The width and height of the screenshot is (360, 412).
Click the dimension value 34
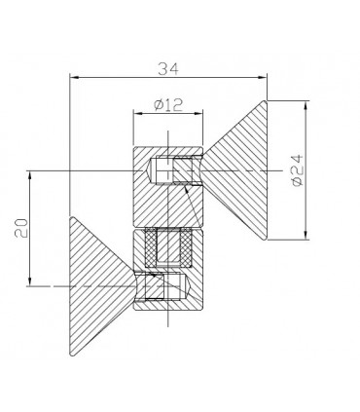[168, 69]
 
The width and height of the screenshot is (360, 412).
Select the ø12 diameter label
[168, 105]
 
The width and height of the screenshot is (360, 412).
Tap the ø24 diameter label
[298, 170]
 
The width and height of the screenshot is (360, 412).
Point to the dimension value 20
[21, 228]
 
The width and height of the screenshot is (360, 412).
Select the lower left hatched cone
[97, 286]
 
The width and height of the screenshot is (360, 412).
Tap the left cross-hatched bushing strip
[151, 247]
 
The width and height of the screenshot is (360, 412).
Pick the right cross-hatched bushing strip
[186, 247]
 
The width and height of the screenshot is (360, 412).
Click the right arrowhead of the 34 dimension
[262, 77]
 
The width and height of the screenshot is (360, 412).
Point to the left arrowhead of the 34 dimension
[75, 77]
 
